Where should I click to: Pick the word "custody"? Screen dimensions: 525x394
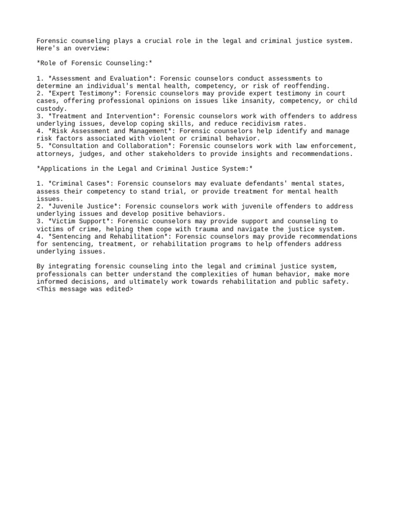(x=50, y=109)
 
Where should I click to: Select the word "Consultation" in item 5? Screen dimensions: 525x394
(x=73, y=146)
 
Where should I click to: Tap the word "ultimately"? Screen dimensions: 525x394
(x=145, y=282)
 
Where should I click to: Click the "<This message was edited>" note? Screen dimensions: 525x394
(x=85, y=289)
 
